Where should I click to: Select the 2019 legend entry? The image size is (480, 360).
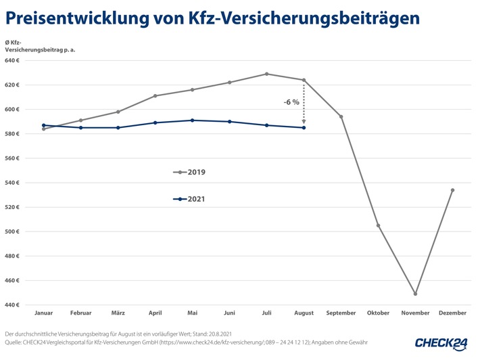click(x=189, y=173)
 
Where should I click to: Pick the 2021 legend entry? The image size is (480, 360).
click(x=189, y=199)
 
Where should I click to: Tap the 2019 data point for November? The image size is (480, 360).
click(x=415, y=294)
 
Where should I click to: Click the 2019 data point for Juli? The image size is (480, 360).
click(x=266, y=74)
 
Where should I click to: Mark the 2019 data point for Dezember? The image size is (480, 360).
click(x=452, y=190)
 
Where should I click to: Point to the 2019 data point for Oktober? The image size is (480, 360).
click(x=378, y=225)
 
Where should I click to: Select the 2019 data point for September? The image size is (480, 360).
click(x=341, y=116)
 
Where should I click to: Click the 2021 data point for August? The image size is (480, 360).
click(x=304, y=127)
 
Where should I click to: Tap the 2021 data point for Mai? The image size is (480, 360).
click(x=192, y=120)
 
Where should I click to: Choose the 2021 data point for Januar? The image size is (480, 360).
click(x=43, y=125)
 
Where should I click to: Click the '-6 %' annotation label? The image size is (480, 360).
click(x=291, y=102)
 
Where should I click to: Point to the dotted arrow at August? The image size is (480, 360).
click(x=304, y=102)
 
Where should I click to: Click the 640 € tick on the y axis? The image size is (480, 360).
click(x=13, y=60)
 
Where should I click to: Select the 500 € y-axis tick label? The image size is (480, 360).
click(x=13, y=231)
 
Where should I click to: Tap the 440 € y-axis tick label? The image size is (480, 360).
click(x=13, y=305)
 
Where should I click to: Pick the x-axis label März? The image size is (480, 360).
click(x=118, y=313)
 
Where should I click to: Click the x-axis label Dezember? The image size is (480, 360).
click(x=452, y=313)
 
